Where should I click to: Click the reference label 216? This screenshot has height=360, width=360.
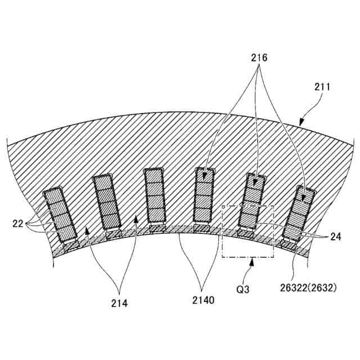pos(259,58)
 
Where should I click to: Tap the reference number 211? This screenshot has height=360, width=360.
pos(322,88)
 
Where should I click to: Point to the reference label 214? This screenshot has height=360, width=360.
pos(119,303)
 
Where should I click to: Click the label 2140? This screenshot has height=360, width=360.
pos(202,301)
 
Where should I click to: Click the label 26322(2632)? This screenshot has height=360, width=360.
pos(308,288)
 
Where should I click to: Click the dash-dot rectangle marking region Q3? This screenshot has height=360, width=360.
pos(248,232)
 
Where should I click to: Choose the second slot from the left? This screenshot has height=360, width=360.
pos(107,201)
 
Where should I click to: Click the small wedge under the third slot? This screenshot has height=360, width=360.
pos(156,228)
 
